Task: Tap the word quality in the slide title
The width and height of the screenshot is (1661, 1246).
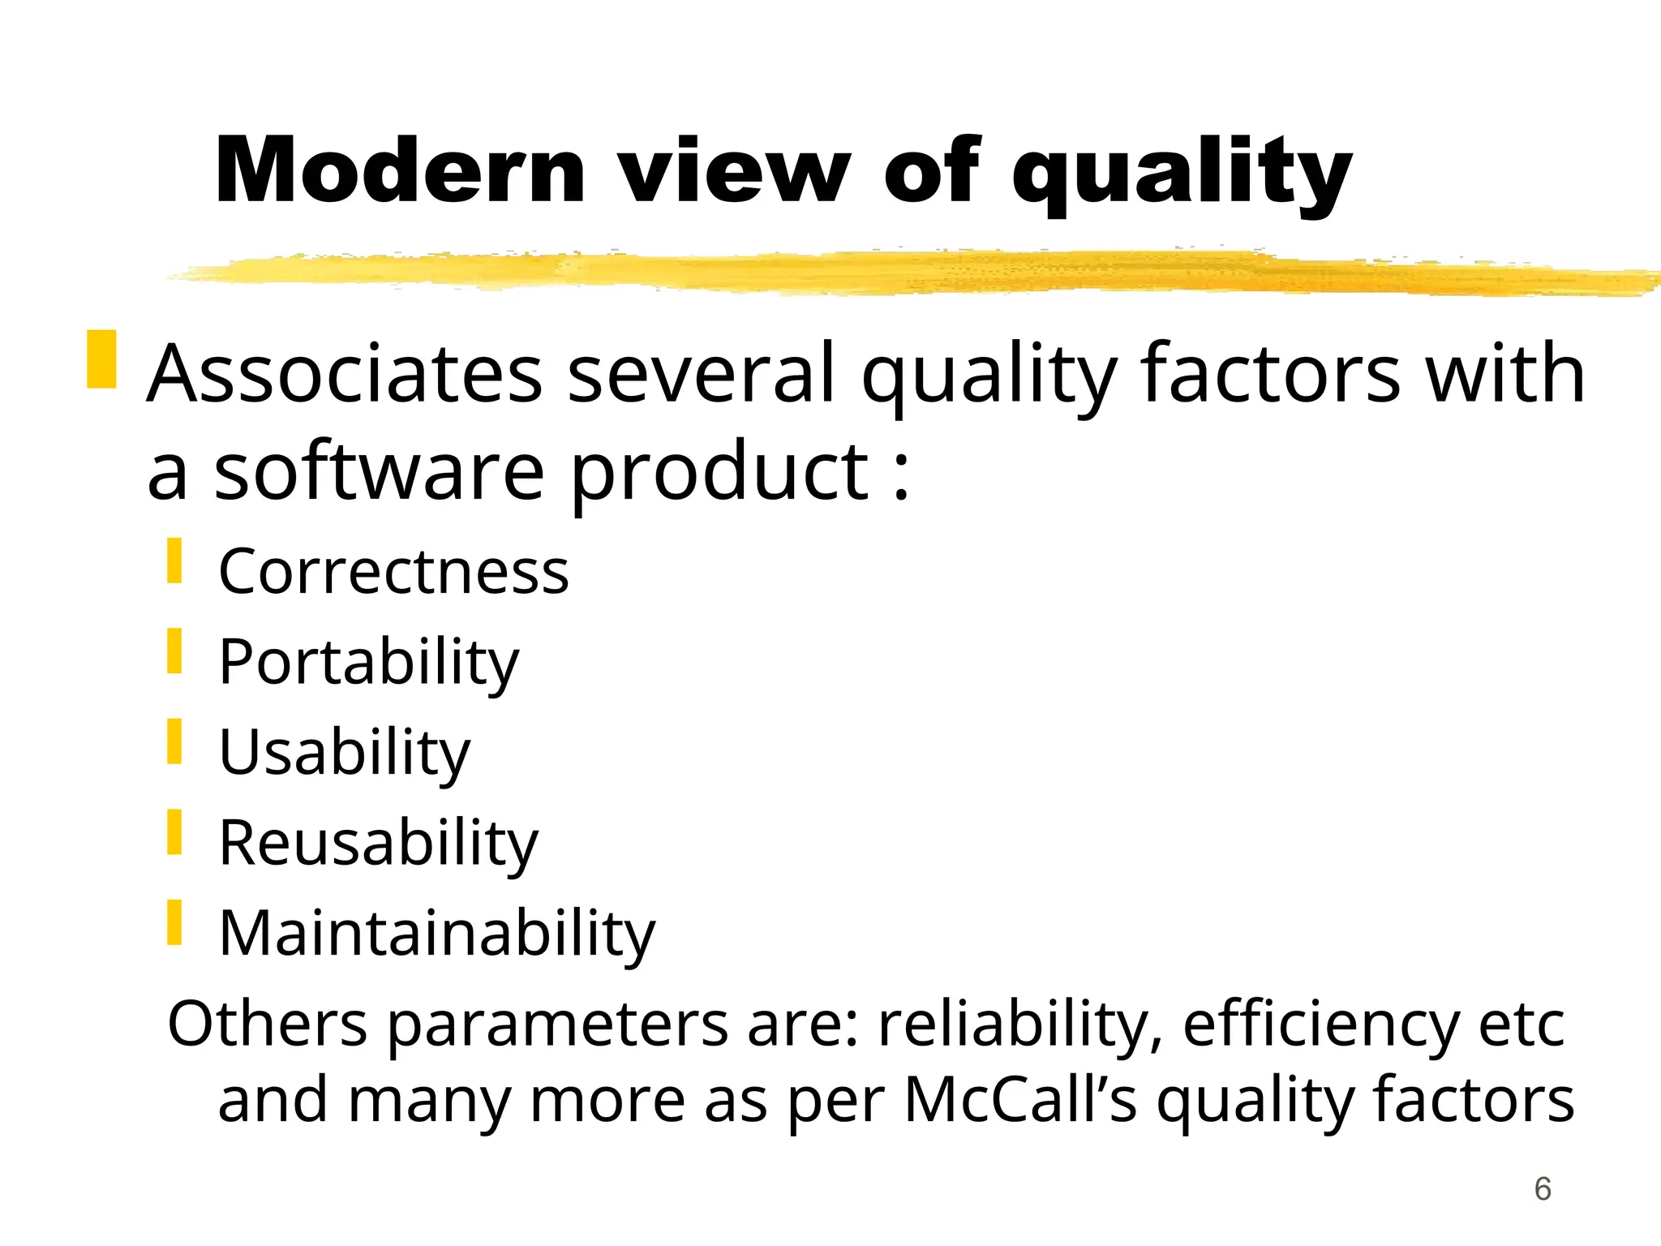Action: [x=1182, y=174]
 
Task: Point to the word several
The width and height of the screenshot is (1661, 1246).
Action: [x=702, y=374]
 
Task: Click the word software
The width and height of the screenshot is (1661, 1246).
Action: [x=379, y=474]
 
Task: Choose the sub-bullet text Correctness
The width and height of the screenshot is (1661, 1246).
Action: [x=393, y=572]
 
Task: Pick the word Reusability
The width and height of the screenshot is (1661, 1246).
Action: [x=378, y=844]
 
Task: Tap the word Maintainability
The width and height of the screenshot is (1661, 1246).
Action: [x=436, y=934]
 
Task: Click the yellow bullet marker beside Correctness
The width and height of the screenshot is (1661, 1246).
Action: [x=174, y=561]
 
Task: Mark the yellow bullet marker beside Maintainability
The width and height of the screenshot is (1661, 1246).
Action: [x=174, y=923]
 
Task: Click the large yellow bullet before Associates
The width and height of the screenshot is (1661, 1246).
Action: [x=101, y=359]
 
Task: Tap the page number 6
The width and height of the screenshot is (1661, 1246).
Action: [x=1543, y=1190]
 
